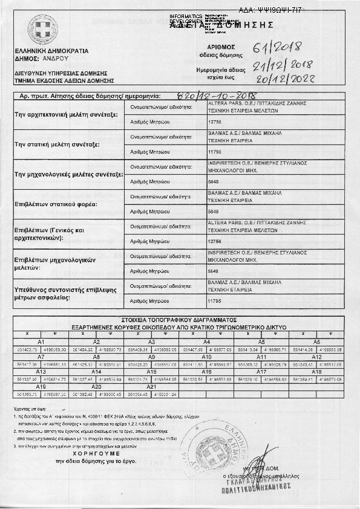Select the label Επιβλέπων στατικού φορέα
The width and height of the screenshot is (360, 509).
click(59, 205)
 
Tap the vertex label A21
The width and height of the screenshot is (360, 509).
click(151, 386)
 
